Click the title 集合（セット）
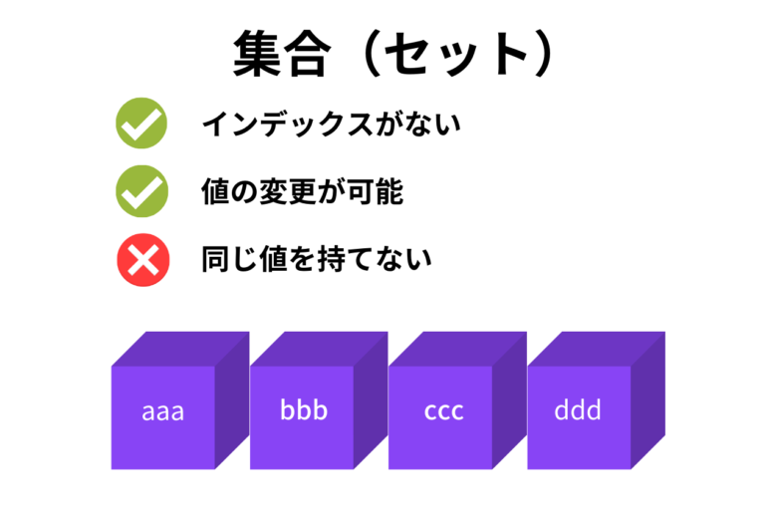(x=393, y=53)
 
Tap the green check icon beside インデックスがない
(x=141, y=123)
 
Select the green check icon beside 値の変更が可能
(x=141, y=191)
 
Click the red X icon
(x=142, y=260)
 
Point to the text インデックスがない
(x=331, y=124)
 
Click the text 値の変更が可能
(x=302, y=192)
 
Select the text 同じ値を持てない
(x=316, y=259)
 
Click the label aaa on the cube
(x=163, y=411)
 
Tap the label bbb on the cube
(x=304, y=409)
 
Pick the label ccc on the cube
(x=443, y=411)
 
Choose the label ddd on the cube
(x=578, y=409)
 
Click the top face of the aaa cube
(x=180, y=349)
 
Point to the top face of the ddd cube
(x=597, y=349)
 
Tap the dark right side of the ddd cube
(x=647, y=400)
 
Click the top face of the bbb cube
(x=319, y=349)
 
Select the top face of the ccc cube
(x=458, y=349)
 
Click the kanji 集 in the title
(x=257, y=53)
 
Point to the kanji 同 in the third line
(x=215, y=259)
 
